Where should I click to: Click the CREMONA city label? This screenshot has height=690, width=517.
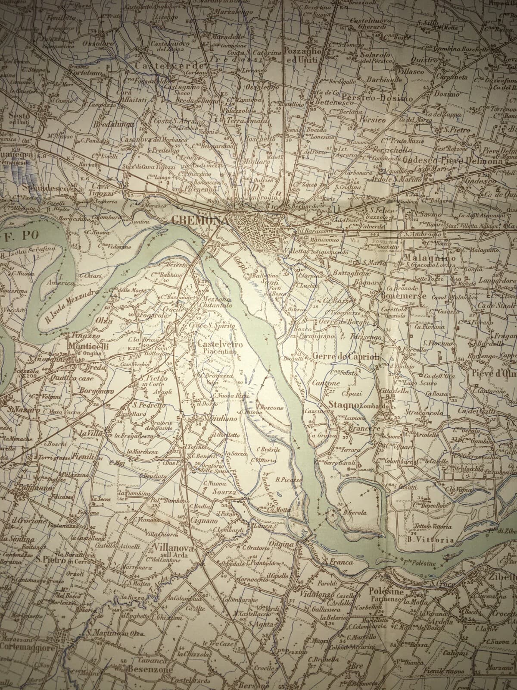point(199,220)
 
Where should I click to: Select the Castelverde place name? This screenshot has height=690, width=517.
point(169,65)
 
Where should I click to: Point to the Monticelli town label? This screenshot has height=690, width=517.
point(88,346)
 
